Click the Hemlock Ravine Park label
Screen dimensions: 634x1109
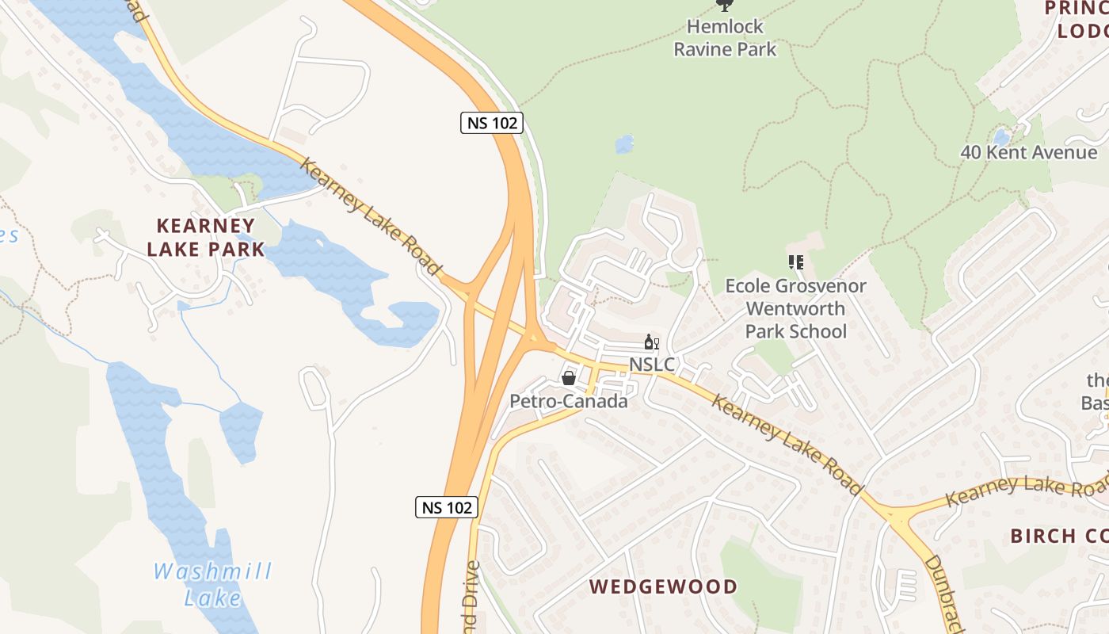(x=725, y=37)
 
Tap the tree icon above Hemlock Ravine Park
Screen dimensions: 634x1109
(x=725, y=5)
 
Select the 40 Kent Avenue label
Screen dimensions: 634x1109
(x=1029, y=152)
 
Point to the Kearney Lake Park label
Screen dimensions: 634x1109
(x=205, y=237)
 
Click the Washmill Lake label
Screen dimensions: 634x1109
(x=212, y=584)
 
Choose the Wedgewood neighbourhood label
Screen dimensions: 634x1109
(x=664, y=586)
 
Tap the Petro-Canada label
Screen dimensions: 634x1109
(x=568, y=401)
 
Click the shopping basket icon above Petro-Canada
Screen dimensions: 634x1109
(x=568, y=378)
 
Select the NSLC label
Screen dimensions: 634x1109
(x=652, y=365)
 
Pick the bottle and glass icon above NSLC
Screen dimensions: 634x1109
(x=651, y=342)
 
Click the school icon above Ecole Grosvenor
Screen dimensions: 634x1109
(x=796, y=262)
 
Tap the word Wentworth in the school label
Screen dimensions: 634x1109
(x=796, y=308)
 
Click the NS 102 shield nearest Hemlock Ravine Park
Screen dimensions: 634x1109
(x=491, y=122)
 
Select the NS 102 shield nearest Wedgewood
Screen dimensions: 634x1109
(x=447, y=507)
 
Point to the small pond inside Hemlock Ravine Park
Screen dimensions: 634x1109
(x=625, y=144)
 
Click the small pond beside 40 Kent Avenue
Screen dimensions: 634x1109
(x=1002, y=136)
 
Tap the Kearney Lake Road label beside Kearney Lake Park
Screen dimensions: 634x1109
(x=370, y=216)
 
